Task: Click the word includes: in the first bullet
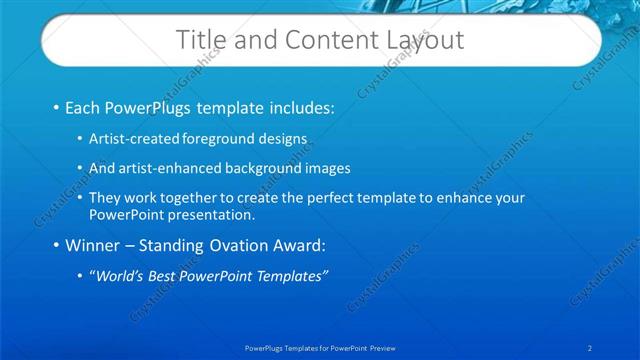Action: click(x=296, y=106)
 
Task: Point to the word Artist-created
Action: click(x=132, y=137)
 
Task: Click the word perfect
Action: click(x=335, y=198)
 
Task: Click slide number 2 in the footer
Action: click(x=590, y=348)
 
